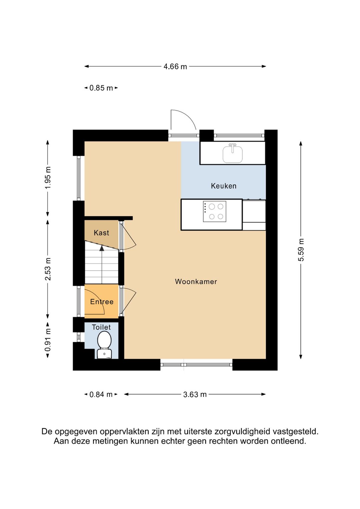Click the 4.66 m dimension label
[175, 67]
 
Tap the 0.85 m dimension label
[101, 88]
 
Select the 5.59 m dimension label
[301, 250]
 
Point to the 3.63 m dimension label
[195, 394]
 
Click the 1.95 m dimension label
[48, 178]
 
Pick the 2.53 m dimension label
[48, 269]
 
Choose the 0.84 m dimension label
[101, 394]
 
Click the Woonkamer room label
[196, 282]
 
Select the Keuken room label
[224, 186]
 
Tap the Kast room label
[101, 233]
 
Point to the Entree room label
[102, 302]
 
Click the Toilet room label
[101, 327]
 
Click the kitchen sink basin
[233, 154]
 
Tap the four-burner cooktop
[214, 211]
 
